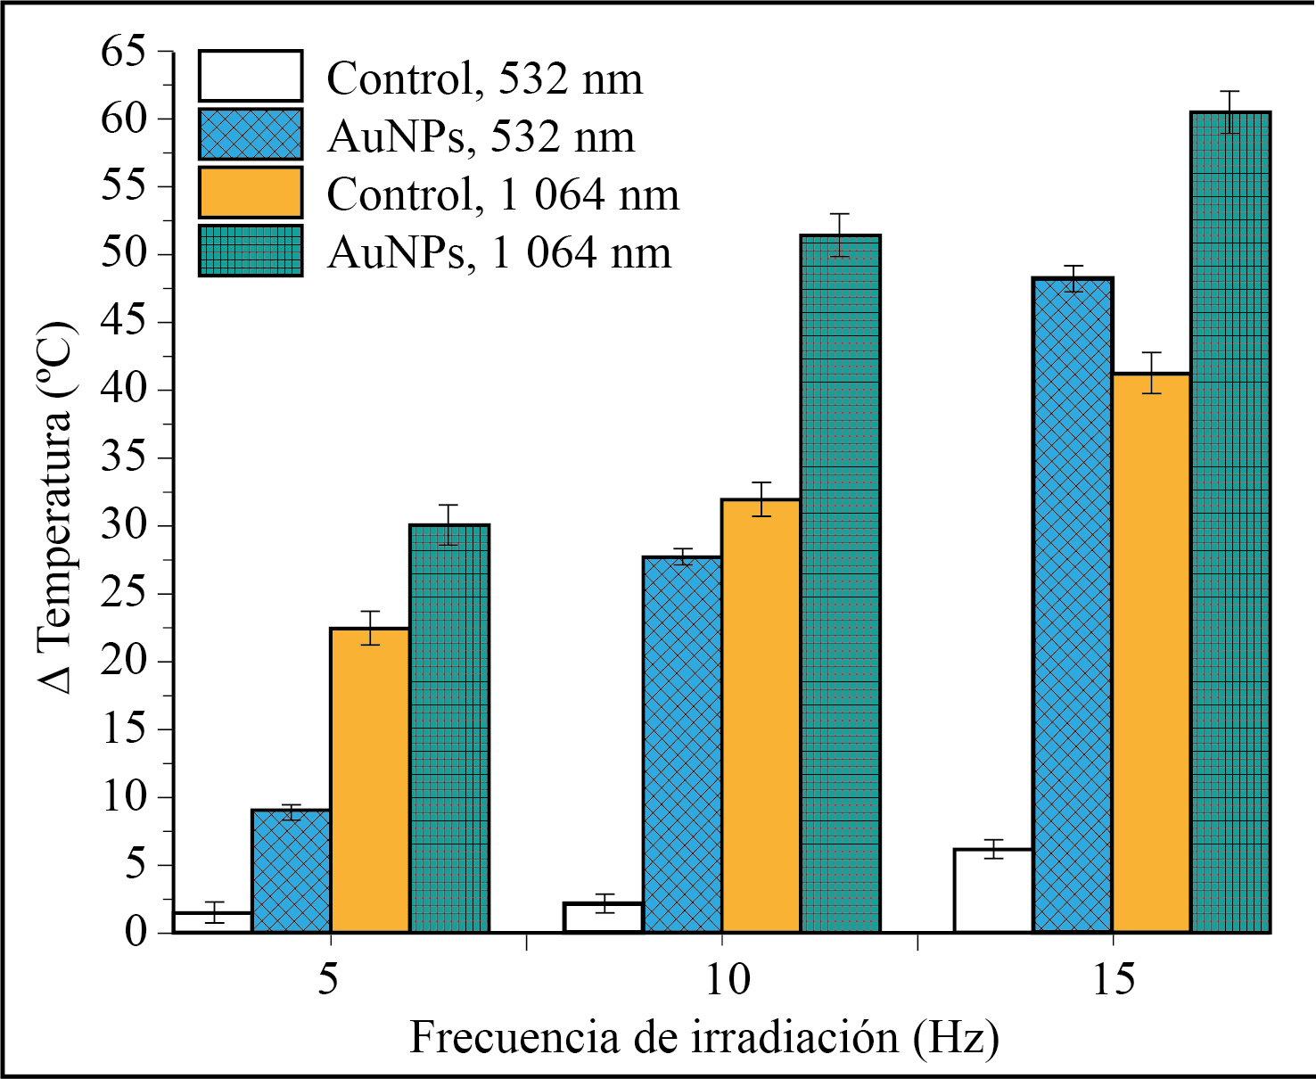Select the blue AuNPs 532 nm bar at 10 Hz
[x=682, y=745]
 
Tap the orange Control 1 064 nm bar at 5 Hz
[x=370, y=780]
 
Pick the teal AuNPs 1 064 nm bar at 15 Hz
[x=1230, y=522]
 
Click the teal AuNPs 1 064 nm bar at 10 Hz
[x=840, y=584]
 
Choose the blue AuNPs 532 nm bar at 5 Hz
[x=292, y=871]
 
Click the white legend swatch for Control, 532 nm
[x=251, y=76]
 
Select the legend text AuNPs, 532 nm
[x=481, y=136]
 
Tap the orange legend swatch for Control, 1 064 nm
[x=251, y=192]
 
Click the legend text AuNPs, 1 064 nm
[x=499, y=252]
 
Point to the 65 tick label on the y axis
[x=123, y=52]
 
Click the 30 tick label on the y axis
[x=123, y=526]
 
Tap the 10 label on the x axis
[x=727, y=980]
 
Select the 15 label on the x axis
[x=1114, y=980]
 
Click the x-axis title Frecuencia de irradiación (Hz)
[x=703, y=1038]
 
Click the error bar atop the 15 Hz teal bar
[x=1230, y=112]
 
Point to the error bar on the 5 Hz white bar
[x=213, y=912]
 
